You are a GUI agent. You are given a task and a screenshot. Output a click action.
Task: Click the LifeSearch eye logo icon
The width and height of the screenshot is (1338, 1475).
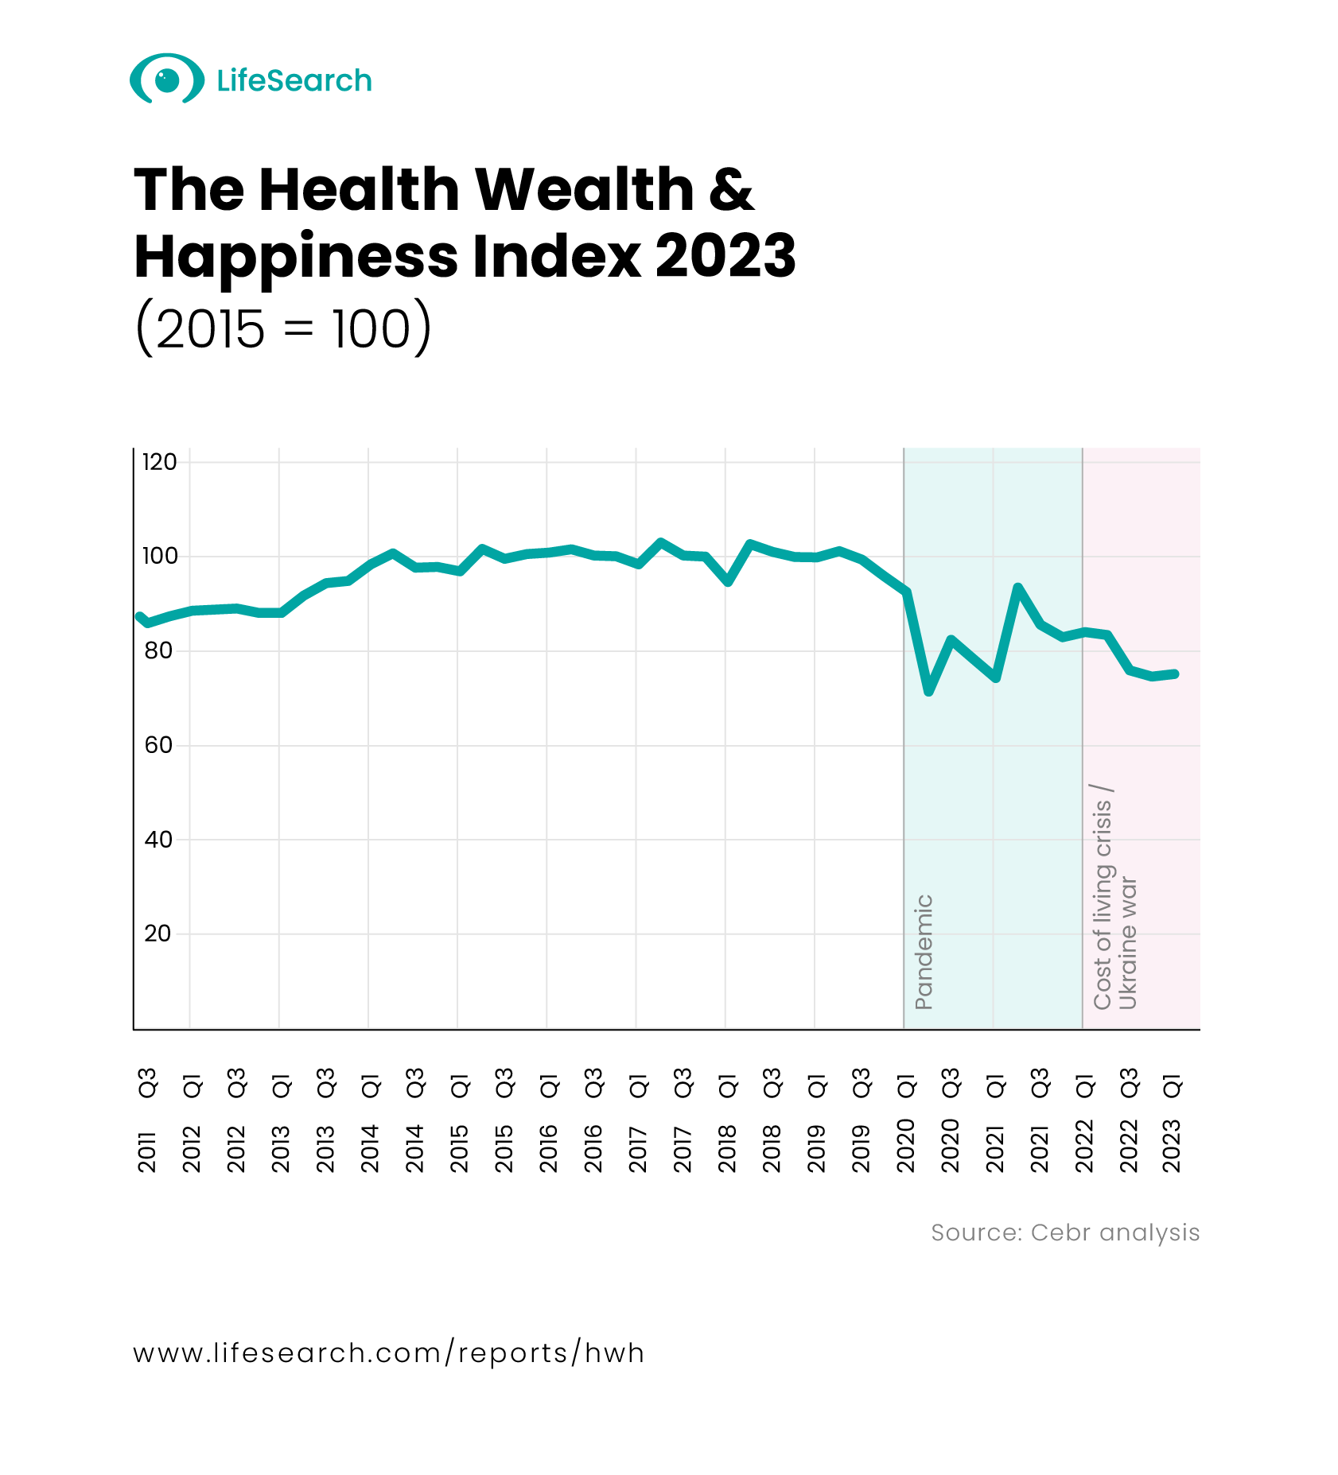(166, 79)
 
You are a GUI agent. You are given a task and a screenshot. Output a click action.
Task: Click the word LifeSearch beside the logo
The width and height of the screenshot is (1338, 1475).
(294, 80)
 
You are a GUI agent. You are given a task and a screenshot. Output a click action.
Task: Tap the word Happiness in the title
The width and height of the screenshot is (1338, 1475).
(296, 256)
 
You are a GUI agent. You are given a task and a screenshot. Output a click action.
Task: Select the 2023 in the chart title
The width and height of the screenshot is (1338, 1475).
(725, 256)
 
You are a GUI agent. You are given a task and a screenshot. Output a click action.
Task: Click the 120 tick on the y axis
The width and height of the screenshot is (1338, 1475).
(159, 462)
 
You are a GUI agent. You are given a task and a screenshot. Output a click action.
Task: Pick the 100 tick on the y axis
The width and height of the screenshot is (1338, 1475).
(159, 556)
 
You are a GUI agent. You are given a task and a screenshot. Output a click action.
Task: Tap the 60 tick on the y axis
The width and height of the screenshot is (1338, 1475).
(158, 745)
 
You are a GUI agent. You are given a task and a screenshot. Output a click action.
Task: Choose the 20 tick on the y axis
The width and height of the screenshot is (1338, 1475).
(158, 934)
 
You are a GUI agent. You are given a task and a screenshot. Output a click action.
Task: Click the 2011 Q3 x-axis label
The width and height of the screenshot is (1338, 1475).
(148, 1120)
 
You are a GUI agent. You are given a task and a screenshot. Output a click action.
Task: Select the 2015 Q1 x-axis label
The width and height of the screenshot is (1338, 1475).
(460, 1120)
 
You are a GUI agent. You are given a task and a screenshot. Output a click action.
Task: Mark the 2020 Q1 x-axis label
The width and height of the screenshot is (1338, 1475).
(906, 1120)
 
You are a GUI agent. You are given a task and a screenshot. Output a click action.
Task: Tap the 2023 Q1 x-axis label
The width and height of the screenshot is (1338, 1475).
(1173, 1120)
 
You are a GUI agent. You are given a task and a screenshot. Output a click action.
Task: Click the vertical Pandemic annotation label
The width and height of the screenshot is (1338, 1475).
(924, 952)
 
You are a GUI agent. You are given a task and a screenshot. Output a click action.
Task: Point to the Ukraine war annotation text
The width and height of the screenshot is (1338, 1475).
(1128, 943)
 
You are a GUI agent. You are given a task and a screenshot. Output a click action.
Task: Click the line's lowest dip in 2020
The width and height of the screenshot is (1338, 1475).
(928, 692)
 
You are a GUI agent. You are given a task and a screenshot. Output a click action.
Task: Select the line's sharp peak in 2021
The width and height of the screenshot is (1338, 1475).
(1017, 587)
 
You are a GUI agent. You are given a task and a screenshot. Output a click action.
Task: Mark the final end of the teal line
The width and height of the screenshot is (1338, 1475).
(1175, 674)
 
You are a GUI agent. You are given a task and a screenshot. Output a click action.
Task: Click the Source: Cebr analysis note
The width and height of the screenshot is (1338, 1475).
(1064, 1232)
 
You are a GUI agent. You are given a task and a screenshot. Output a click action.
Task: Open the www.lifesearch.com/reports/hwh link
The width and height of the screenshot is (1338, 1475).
(388, 1353)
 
